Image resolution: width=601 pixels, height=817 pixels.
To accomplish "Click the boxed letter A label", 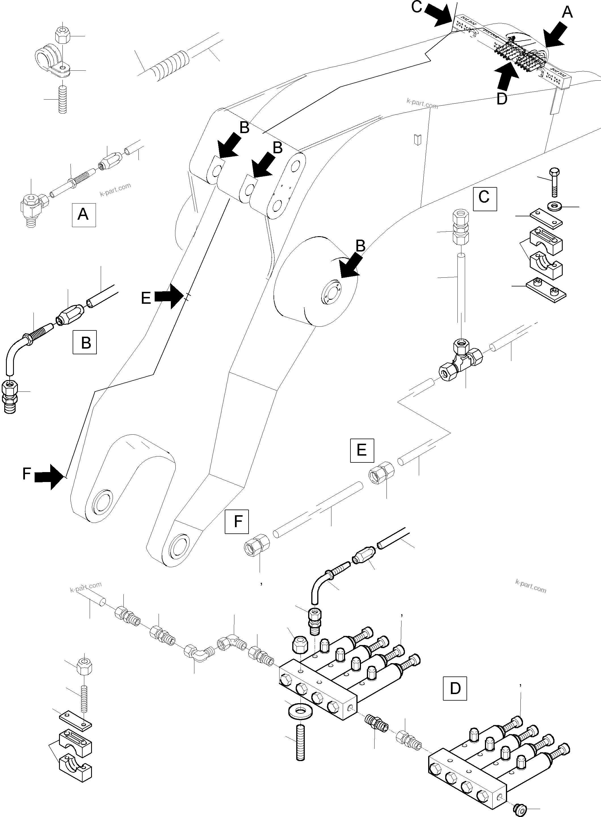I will [x=84, y=215].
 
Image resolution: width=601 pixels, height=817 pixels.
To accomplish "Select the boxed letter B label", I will [x=85, y=342].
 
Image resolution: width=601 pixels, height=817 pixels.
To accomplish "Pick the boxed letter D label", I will [x=455, y=688].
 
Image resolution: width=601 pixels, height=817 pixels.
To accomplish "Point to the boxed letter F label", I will [x=237, y=522].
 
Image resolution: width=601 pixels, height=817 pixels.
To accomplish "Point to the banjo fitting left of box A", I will [x=31, y=209].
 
